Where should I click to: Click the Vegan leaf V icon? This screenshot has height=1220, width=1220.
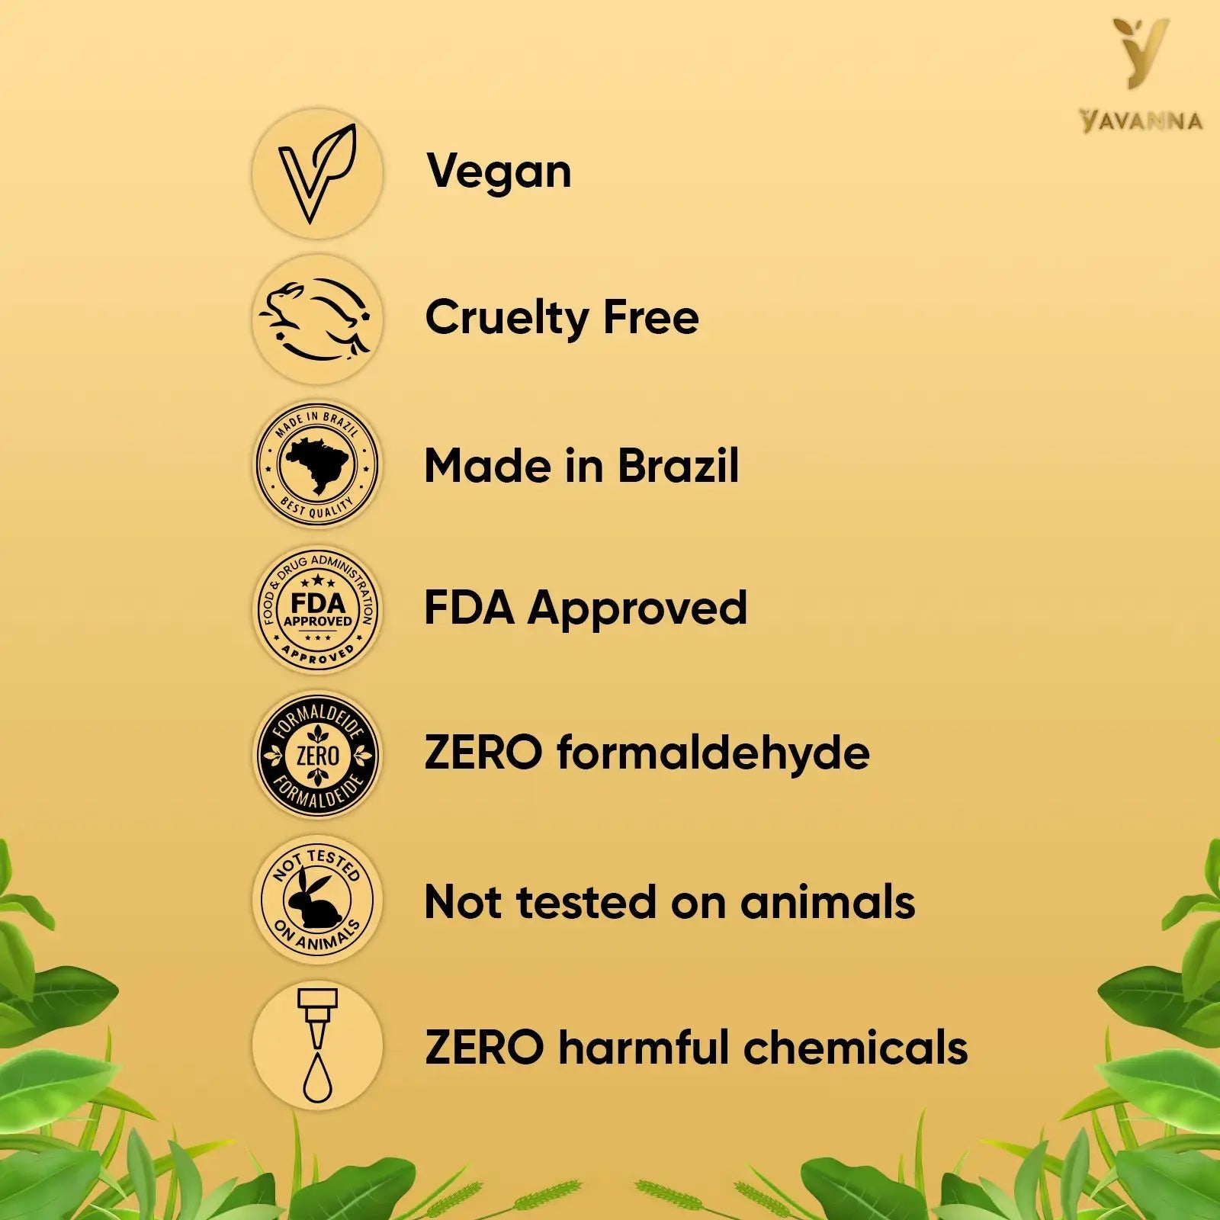317,173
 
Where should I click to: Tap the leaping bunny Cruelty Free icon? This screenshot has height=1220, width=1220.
317,319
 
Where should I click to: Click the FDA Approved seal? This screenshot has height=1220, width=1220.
317,610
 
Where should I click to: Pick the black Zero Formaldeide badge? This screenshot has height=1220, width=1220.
317,756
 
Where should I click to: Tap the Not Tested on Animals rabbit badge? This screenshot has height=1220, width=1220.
317,900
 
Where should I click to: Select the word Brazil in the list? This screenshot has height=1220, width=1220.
678,465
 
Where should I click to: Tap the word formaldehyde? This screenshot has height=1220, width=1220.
713,754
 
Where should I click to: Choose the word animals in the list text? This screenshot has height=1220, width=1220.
827,902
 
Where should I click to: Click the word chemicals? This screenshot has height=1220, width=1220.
856,1047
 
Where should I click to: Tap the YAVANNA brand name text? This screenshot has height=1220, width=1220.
1141,121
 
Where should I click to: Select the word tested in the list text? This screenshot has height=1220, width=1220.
586,902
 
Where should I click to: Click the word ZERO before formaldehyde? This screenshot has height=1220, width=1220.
483,753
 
